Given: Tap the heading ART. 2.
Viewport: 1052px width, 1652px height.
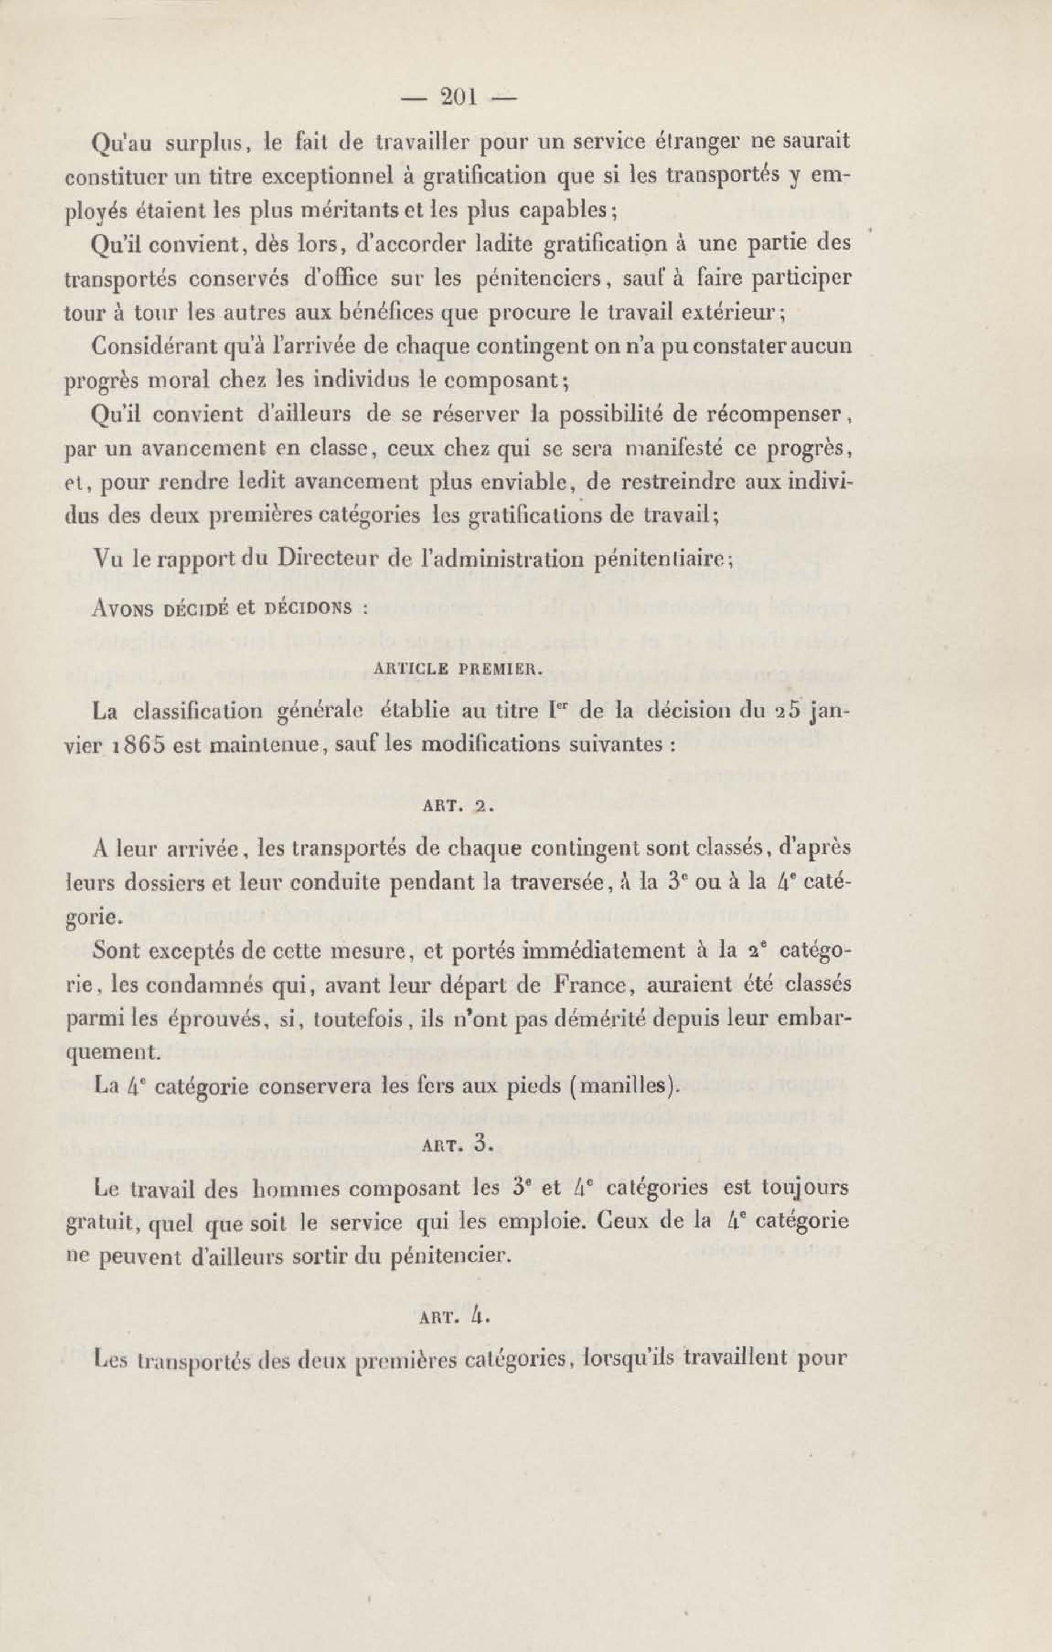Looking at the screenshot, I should (459, 806).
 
